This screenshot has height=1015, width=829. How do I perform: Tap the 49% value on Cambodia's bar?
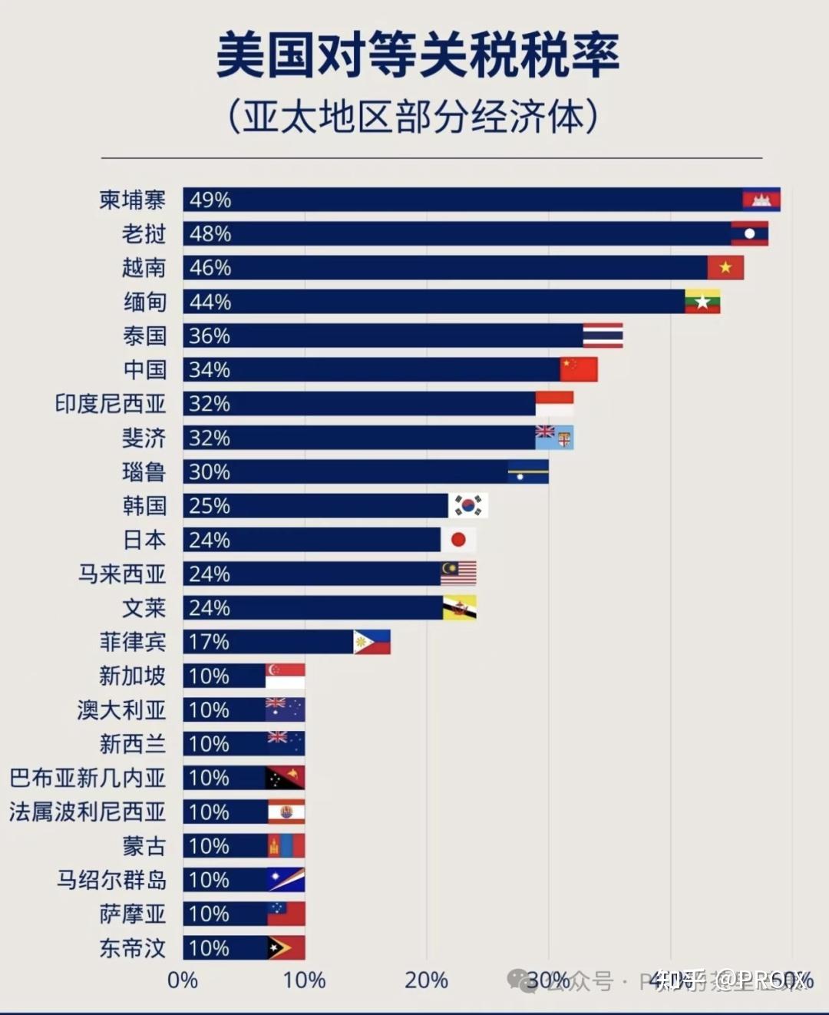click(x=210, y=200)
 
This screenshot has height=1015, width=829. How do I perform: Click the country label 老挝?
click(x=144, y=233)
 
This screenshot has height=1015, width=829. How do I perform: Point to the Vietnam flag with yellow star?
click(x=725, y=268)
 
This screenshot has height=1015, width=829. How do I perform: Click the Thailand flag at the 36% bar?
click(x=603, y=336)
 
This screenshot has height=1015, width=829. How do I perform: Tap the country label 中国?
click(x=144, y=369)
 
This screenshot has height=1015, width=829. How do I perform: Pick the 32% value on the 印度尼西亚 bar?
click(x=210, y=404)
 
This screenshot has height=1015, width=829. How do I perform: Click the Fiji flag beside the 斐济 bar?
click(x=554, y=438)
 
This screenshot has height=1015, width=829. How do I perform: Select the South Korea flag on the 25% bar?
click(x=467, y=505)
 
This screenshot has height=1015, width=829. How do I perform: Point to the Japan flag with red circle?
click(x=458, y=540)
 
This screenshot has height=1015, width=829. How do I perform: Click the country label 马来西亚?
click(x=121, y=574)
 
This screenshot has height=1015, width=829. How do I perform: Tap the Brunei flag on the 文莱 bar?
click(x=459, y=608)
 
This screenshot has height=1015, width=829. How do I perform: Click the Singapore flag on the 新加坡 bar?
click(x=285, y=676)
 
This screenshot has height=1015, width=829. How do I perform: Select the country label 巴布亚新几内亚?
click(x=88, y=778)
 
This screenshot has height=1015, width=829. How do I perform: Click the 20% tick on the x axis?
click(x=426, y=980)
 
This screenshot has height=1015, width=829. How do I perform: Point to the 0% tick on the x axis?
click(x=183, y=980)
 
